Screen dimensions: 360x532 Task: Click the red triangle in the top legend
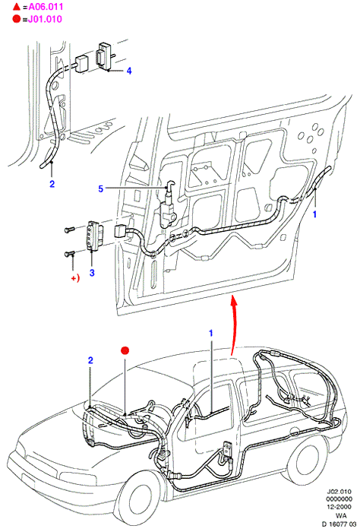click(17, 6)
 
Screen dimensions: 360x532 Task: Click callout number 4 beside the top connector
click(129, 71)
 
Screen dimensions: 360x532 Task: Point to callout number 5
click(101, 188)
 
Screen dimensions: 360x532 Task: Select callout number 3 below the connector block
click(92, 273)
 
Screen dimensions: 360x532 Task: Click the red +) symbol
click(75, 278)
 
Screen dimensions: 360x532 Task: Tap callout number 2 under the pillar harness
click(52, 184)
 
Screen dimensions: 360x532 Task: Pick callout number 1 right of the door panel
click(314, 214)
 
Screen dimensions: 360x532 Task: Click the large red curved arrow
click(234, 325)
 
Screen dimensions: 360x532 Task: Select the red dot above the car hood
click(125, 350)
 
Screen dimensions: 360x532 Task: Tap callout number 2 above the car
click(90, 360)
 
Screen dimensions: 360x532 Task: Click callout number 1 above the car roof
click(211, 333)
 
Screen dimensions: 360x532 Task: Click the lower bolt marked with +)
click(69, 253)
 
